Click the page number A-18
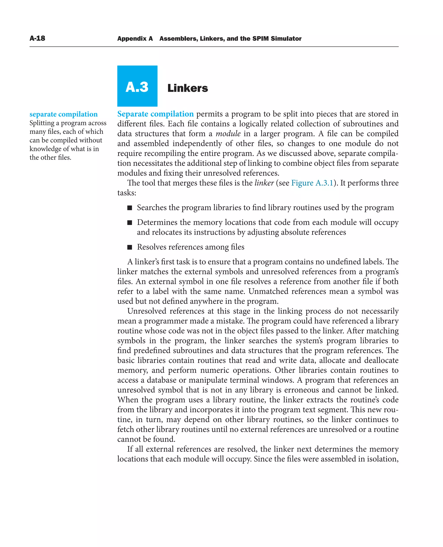click(37, 38)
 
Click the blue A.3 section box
click(137, 86)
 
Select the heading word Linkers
click(188, 88)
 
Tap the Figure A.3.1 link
click(312, 183)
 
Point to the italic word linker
click(264, 183)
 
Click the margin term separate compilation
click(64, 114)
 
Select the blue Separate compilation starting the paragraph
click(155, 114)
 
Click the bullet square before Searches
click(130, 208)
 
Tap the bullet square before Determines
click(130, 223)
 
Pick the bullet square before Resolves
click(130, 247)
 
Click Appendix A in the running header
click(135, 39)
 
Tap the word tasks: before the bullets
click(127, 193)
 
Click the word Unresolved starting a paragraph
click(147, 311)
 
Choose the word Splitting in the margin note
click(42, 123)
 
